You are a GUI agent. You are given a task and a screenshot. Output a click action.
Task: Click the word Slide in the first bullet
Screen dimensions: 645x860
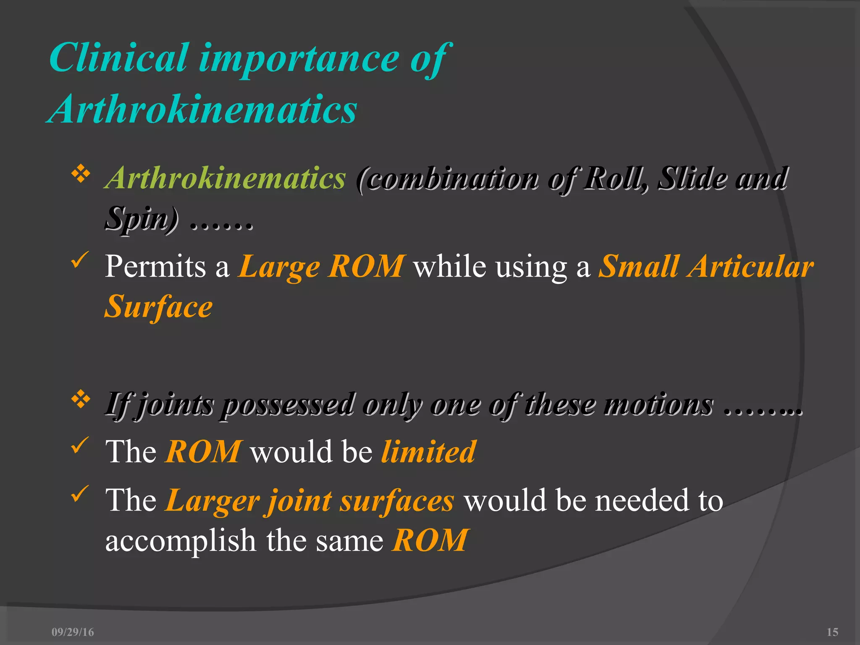coord(693,178)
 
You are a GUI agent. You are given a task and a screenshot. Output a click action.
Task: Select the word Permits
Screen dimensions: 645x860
coord(155,267)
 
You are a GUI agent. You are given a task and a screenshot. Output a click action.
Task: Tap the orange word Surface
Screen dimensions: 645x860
coord(159,307)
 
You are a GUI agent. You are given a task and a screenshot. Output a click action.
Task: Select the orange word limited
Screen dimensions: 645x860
coord(428,452)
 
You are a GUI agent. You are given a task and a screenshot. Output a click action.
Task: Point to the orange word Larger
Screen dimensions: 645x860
coord(212,501)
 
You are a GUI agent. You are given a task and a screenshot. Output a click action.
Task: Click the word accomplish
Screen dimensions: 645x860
coord(181,540)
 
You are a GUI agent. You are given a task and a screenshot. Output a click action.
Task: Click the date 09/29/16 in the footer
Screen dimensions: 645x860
coord(73,632)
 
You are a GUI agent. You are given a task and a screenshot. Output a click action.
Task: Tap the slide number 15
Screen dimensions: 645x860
coord(832,632)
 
